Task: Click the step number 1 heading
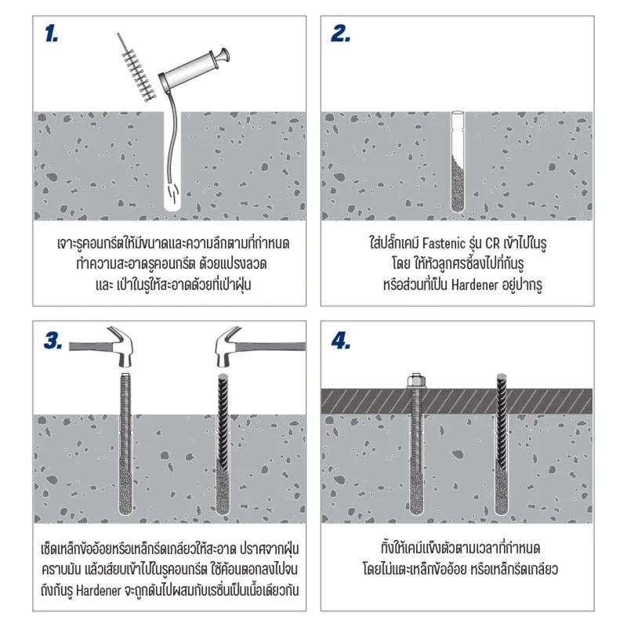[51, 34]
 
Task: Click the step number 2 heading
[339, 34]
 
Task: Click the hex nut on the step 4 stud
[415, 382]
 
